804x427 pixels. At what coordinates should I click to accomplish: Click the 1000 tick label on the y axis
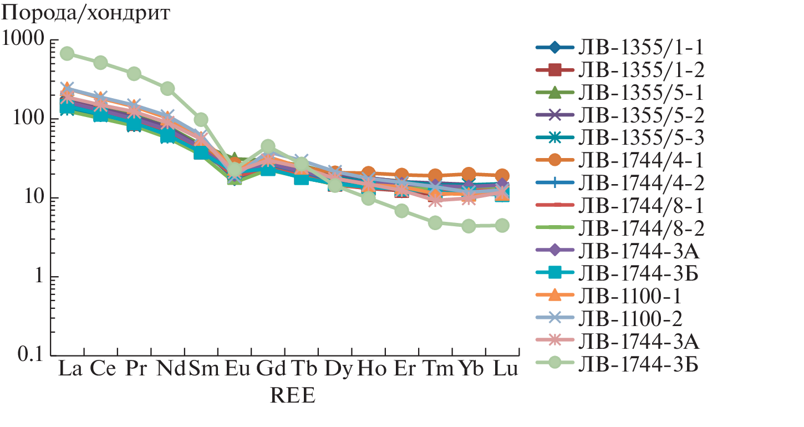pos(23,40)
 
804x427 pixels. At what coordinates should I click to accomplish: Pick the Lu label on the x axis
pos(502,368)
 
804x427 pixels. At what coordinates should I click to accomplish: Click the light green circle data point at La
pos(68,54)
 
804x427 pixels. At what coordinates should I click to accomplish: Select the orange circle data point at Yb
pos(469,174)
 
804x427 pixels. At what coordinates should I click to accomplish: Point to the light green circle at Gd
pos(268,146)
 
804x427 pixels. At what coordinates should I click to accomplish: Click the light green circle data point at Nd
pos(167,89)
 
